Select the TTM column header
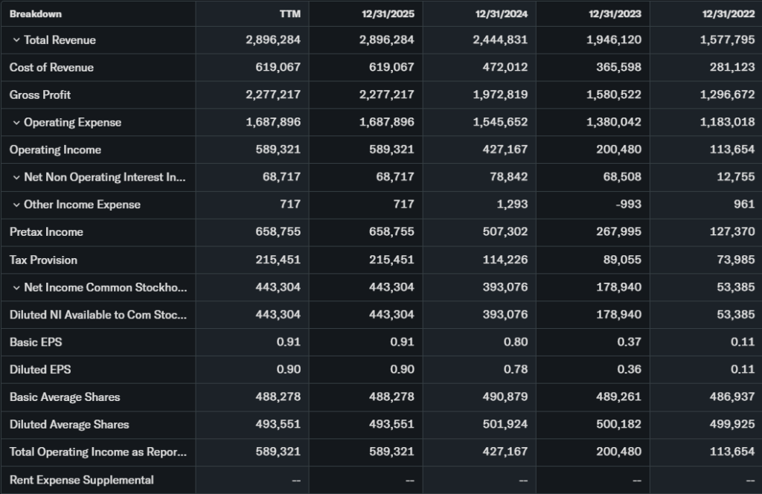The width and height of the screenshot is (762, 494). (x=290, y=13)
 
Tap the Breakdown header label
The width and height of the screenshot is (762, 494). (x=36, y=13)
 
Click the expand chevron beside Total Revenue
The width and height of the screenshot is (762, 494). (x=16, y=40)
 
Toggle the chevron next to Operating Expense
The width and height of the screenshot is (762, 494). (x=16, y=123)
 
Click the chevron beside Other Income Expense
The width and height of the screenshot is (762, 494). (x=16, y=205)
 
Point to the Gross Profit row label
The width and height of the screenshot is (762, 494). (x=40, y=95)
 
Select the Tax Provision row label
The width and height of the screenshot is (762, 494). (x=43, y=260)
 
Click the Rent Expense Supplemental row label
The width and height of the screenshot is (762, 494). (x=82, y=480)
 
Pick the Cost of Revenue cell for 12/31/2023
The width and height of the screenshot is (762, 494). (x=615, y=68)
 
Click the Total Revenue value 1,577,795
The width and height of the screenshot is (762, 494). (x=727, y=40)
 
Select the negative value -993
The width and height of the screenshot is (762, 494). (x=627, y=205)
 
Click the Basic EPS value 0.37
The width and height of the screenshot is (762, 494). (x=629, y=342)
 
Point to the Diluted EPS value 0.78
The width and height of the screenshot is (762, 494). (x=515, y=370)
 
